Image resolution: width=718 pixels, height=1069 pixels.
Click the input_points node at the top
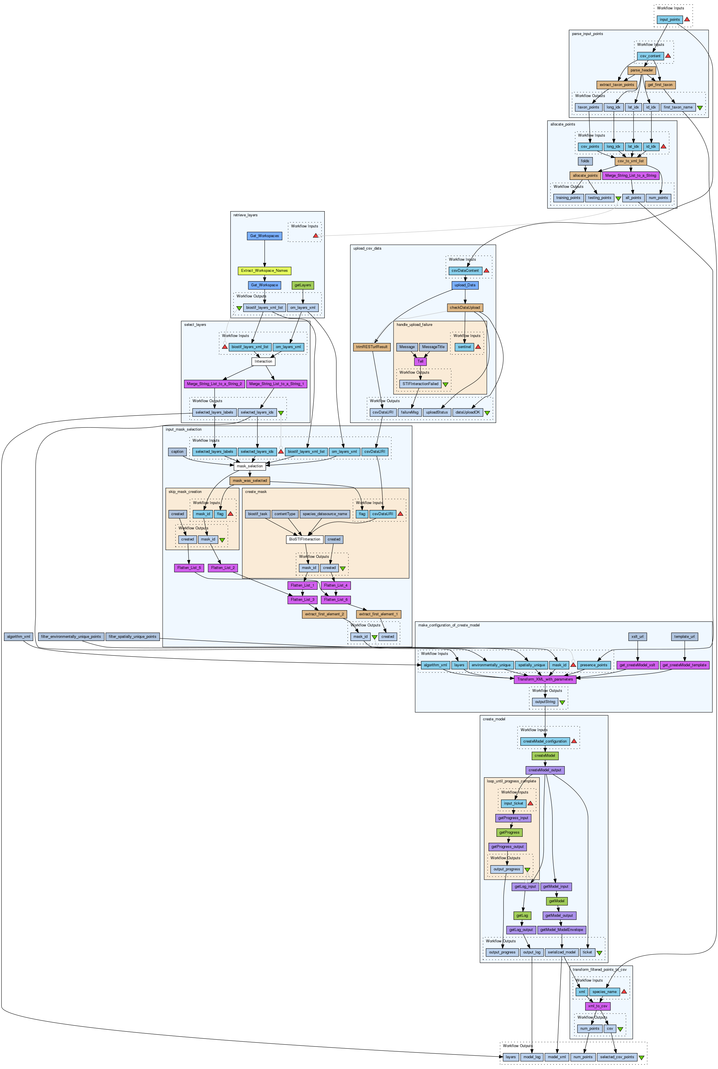tap(669, 20)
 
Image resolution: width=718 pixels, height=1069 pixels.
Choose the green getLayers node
tap(303, 285)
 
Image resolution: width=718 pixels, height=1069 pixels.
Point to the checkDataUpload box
tap(465, 307)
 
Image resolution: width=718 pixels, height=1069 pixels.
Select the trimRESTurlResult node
tap(372, 347)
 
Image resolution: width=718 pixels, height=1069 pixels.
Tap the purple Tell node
tap(420, 361)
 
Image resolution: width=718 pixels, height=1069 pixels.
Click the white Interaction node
tap(263, 361)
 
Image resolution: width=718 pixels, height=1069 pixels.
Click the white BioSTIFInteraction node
tap(305, 539)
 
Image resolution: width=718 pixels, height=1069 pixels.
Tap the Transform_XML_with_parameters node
tap(545, 679)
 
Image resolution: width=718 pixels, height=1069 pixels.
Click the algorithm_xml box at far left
tap(18, 636)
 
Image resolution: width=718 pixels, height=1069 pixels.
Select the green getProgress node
tap(509, 832)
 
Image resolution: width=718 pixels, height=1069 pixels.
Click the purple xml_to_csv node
tap(597, 1006)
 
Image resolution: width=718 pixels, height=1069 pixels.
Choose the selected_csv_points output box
tap(617, 1057)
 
